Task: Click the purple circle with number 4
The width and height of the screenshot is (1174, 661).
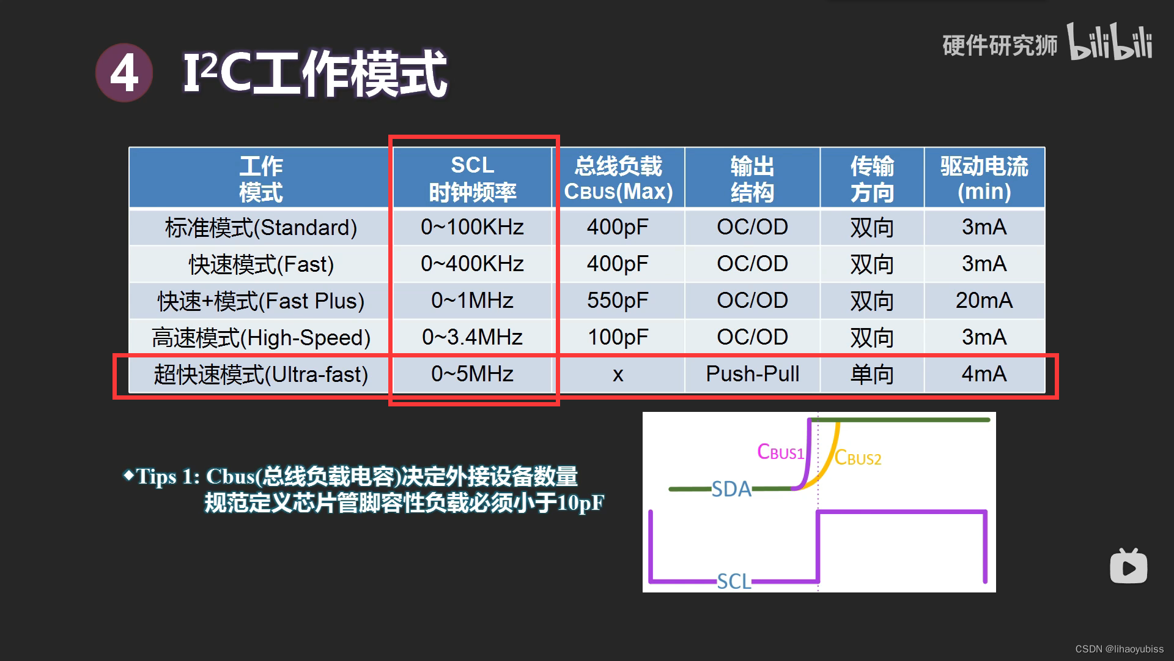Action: coord(124,73)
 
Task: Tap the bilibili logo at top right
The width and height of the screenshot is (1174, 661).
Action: coord(1110,43)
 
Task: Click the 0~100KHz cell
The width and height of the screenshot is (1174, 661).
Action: coord(472,227)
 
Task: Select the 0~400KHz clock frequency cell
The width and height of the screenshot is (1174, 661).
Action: coord(472,264)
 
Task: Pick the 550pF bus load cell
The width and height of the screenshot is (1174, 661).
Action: coord(618,301)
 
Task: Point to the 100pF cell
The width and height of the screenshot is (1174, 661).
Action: coord(618,337)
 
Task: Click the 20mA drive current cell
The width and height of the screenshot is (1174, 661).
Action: coord(984,301)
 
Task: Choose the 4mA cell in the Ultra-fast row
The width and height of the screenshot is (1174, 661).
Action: coord(984,374)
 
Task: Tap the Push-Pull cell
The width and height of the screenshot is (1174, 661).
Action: coord(752,374)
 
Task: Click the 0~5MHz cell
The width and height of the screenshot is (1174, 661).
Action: coord(472,374)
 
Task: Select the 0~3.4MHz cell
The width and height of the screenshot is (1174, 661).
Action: coord(472,337)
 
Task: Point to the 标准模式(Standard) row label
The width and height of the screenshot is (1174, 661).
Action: coord(261,228)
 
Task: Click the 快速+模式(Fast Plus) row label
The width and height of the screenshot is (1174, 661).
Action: coord(261,301)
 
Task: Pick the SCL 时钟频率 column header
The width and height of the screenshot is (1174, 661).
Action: coord(472,178)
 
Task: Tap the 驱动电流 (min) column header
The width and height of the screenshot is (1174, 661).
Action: coord(984,178)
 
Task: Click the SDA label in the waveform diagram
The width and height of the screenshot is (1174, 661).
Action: coord(731,489)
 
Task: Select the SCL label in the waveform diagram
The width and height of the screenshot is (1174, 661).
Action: coord(734,581)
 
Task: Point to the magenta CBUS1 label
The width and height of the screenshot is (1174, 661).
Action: coord(780,452)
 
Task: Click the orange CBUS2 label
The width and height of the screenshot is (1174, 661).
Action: coord(858,458)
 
